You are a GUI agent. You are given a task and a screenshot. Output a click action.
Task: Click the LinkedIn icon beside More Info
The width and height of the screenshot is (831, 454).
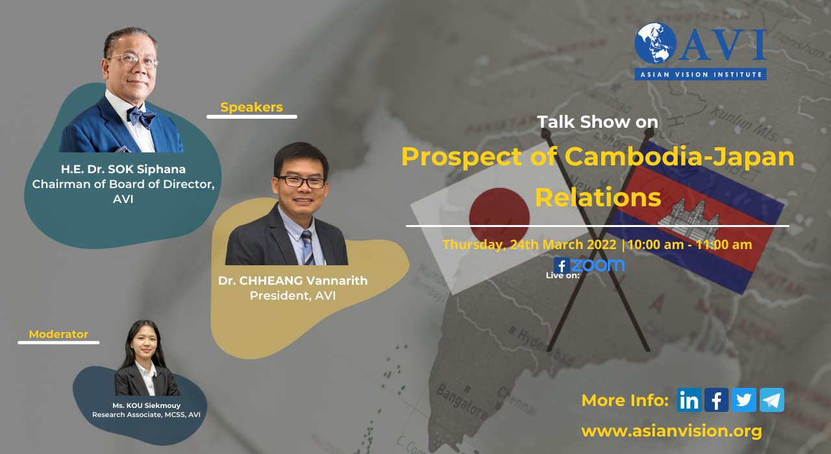pos(689,400)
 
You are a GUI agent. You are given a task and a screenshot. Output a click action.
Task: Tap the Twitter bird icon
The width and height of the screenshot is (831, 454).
pos(744,400)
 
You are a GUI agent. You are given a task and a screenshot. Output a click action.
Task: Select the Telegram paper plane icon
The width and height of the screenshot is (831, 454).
pos(772,400)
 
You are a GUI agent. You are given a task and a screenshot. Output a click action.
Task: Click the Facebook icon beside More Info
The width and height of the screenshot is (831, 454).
pos(716,400)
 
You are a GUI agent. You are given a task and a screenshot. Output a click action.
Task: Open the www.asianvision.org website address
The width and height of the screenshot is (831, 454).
pos(671,431)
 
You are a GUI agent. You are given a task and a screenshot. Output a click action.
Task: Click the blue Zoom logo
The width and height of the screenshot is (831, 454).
pos(598,265)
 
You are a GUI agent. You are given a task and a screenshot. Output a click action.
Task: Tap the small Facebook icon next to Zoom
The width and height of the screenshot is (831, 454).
pos(562,265)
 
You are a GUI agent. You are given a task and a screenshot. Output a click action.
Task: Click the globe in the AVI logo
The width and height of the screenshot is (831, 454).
pos(655,43)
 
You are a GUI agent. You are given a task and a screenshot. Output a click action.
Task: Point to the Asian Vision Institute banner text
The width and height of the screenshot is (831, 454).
pos(701,75)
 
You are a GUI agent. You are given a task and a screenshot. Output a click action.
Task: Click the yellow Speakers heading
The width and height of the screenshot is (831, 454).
pos(251,107)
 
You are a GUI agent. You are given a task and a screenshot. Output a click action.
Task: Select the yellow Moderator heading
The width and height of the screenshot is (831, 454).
pos(58,334)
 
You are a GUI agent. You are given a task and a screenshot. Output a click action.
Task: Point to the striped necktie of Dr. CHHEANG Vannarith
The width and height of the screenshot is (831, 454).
pos(308,248)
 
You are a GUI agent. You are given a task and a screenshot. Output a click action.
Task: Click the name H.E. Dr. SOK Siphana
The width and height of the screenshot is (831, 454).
pos(123,169)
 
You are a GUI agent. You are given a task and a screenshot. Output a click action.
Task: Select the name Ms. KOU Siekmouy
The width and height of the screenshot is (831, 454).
pos(147,405)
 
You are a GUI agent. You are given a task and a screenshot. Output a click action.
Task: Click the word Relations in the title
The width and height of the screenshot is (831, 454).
pos(598,197)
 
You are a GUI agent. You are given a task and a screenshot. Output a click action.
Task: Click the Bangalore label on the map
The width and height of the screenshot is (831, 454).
pos(462,402)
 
